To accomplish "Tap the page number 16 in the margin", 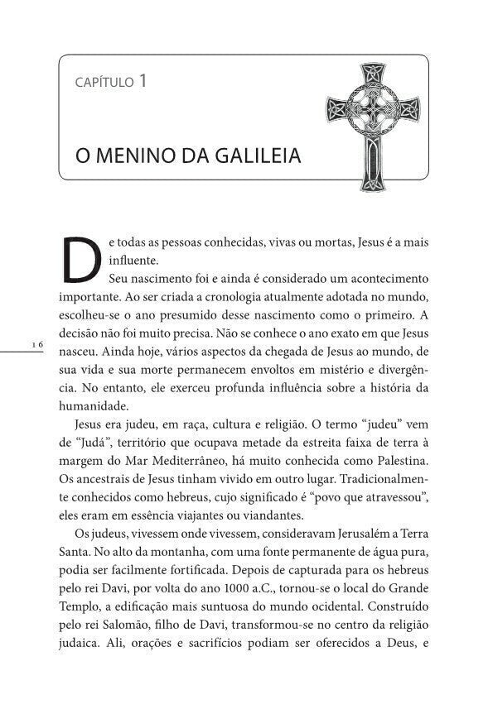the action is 36,344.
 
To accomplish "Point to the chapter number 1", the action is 143,80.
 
